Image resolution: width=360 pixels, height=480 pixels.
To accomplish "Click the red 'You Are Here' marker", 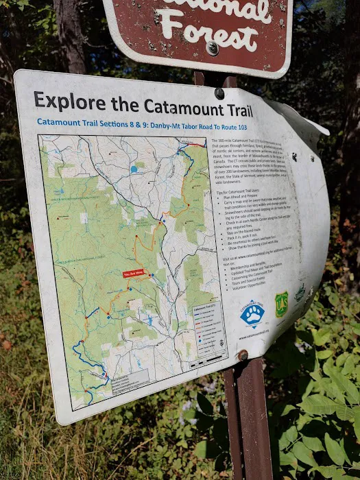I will [x=134, y=274].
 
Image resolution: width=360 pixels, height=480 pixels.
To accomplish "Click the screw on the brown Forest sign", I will [x=213, y=48].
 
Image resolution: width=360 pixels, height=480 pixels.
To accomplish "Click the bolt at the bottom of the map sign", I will [x=242, y=355].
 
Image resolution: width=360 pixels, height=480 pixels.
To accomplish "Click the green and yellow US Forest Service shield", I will [x=282, y=304].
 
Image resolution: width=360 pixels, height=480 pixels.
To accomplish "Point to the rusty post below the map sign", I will [x=251, y=418].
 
